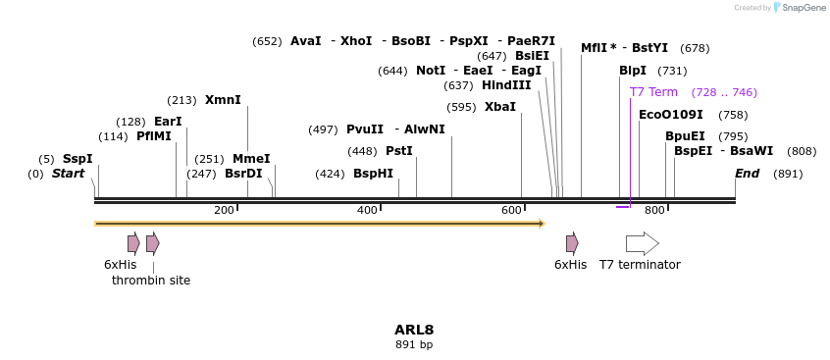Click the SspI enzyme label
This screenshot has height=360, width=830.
78,159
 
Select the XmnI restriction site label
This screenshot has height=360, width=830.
223,100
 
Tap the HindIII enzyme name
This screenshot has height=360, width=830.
506,85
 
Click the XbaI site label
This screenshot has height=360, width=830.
500,107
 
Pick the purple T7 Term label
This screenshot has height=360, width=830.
653,92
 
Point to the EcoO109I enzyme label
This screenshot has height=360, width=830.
671,115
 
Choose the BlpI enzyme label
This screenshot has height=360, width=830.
633,71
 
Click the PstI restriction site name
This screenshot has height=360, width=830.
399,151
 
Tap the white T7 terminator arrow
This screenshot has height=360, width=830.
642,243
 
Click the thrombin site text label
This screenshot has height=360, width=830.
151,281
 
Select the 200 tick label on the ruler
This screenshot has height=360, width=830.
224,211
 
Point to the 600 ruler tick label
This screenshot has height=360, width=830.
511,211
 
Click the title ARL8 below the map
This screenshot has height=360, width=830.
414,330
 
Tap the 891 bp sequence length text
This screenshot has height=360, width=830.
414,345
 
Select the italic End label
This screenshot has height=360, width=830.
748,174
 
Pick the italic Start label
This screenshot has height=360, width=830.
69,174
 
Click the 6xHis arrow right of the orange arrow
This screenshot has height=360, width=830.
572,243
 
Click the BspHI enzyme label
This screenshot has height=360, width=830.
373,174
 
